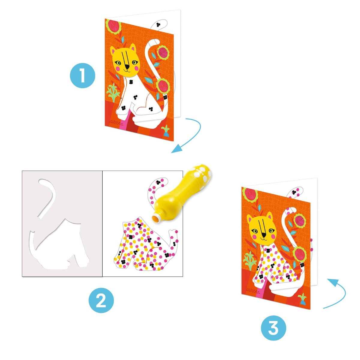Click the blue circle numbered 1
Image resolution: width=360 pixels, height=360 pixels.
(82, 76)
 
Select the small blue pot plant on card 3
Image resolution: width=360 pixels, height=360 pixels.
(302, 299)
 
